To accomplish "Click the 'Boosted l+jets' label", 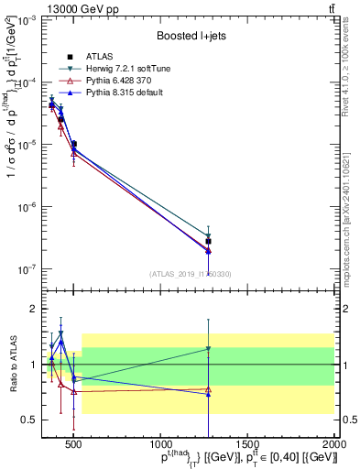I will tap(190, 37).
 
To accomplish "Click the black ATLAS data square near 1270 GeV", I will tap(209, 242).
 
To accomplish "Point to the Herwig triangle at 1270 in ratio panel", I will tap(209, 349).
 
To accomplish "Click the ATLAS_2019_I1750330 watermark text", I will tap(189, 273).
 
